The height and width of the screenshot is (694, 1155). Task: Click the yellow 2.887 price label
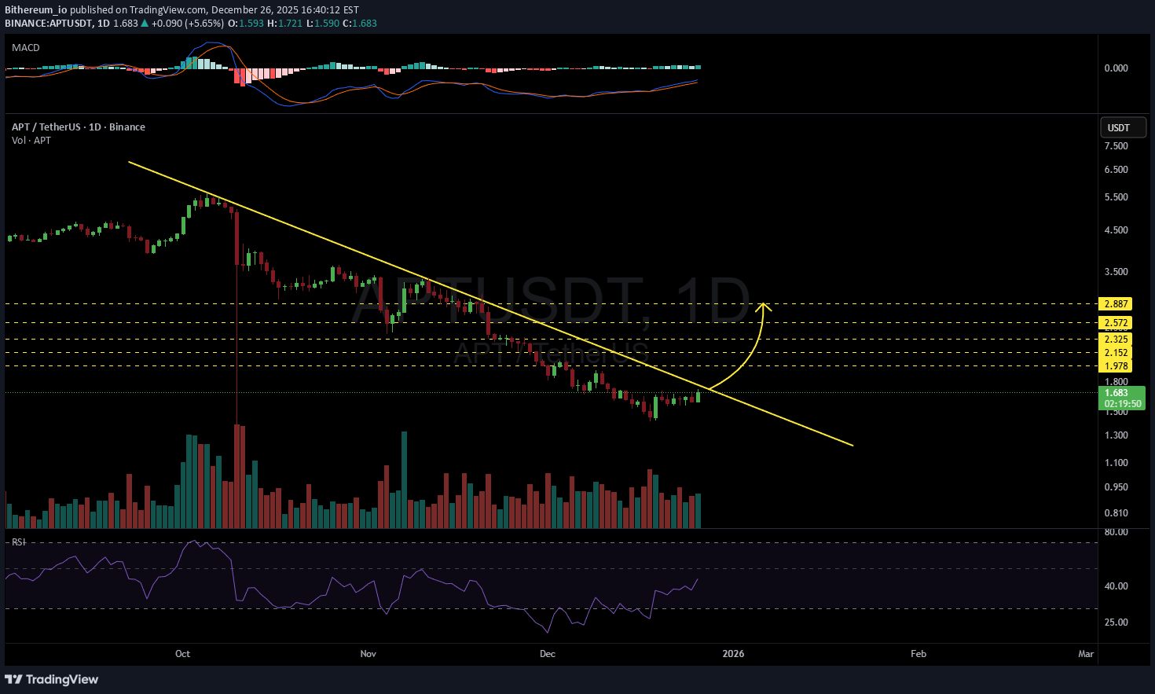point(1116,304)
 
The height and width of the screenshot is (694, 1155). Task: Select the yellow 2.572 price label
point(1116,323)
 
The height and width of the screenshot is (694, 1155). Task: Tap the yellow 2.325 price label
point(1116,340)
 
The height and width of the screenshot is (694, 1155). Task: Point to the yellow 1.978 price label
point(1116,366)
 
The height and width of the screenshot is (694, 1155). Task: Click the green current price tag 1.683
point(1116,393)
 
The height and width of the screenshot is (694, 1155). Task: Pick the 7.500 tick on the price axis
point(1116,146)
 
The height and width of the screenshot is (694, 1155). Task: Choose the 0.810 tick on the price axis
point(1116,513)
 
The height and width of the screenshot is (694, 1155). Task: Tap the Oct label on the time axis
point(182,654)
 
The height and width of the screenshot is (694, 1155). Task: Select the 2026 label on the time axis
point(733,654)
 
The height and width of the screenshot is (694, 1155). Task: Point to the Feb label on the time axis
point(918,654)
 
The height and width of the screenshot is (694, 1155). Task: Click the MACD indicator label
point(26,48)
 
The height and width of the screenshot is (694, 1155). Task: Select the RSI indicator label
point(19,542)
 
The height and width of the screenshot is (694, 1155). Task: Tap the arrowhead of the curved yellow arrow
point(762,305)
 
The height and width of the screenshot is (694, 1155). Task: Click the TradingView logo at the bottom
point(52,680)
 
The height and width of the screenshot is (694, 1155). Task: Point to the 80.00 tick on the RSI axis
point(1116,532)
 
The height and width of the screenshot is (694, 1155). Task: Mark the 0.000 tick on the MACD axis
point(1116,68)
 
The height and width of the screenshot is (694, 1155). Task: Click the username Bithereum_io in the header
point(35,10)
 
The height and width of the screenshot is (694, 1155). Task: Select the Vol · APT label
point(31,141)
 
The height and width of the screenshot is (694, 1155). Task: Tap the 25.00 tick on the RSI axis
point(1116,622)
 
